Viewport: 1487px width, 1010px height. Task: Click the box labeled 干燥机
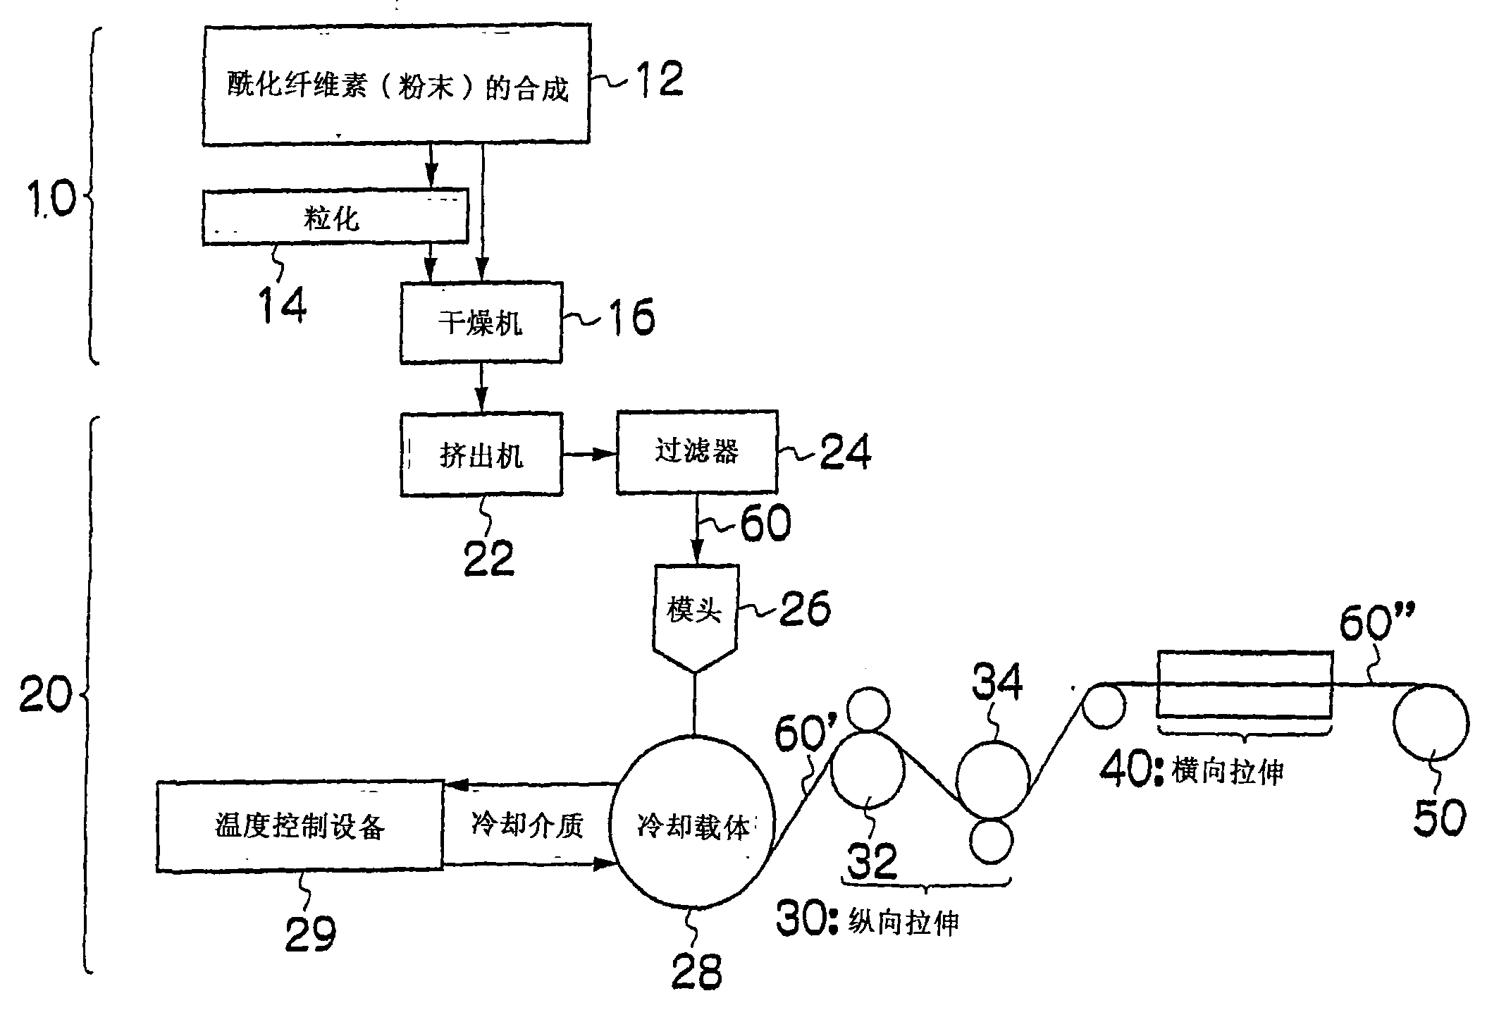coord(481,323)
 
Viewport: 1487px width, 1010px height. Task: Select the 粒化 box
coord(335,216)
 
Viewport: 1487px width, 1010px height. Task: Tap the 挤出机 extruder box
coord(481,455)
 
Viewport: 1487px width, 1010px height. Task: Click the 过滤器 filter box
coord(696,451)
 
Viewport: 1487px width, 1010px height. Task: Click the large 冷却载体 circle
coord(691,825)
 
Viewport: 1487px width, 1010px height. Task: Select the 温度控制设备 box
coord(300,826)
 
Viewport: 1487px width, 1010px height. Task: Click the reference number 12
coord(658,80)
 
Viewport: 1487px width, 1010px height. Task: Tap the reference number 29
coord(310,935)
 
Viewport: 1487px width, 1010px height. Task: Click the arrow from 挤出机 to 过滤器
coord(588,455)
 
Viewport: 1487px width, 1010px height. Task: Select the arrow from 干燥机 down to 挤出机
coord(481,387)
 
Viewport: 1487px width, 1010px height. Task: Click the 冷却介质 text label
coord(527,824)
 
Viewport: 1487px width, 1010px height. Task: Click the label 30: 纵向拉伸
coord(868,920)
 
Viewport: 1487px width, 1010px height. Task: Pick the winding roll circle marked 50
coord(1431,722)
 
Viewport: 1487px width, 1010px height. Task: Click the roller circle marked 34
coord(992,777)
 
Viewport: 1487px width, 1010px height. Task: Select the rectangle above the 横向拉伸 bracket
coord(1245,684)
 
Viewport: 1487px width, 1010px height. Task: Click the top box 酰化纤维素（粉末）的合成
coord(396,85)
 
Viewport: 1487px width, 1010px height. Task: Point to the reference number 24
coord(845,452)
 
